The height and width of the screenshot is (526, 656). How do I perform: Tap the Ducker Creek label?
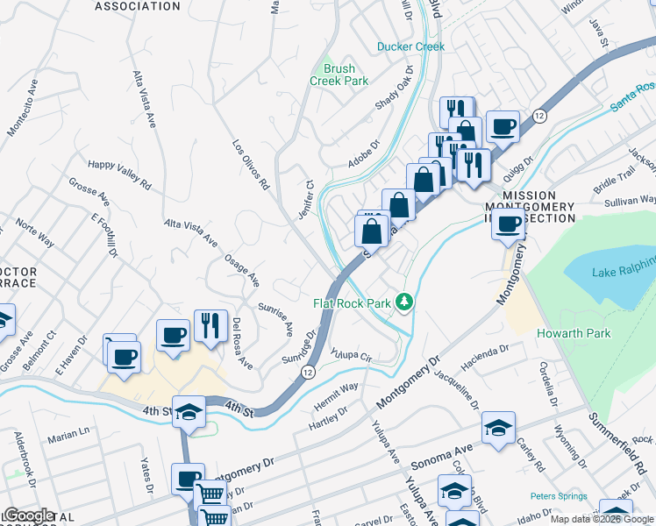pos(410,46)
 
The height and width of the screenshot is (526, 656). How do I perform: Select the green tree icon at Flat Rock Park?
pos(404,302)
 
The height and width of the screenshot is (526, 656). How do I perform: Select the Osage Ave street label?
pos(241,266)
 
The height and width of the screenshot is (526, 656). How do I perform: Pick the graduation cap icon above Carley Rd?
pos(498,428)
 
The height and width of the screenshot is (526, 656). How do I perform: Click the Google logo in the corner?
pos(28,515)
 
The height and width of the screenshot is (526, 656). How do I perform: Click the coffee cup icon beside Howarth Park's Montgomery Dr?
pos(508,224)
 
